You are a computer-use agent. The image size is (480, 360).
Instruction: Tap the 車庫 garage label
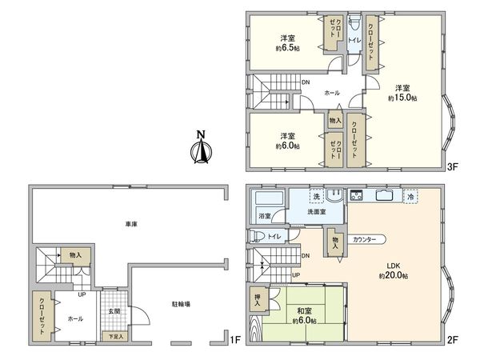click(131, 224)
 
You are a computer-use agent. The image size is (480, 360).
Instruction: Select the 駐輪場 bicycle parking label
click(181, 304)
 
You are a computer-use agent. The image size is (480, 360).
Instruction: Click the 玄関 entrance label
click(114, 311)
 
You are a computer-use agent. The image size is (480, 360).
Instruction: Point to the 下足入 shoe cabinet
click(116, 336)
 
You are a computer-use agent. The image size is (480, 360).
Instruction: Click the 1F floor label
click(235, 339)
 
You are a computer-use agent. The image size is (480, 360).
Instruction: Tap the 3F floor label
click(453, 167)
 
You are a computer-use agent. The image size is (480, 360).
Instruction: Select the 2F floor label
click(453, 339)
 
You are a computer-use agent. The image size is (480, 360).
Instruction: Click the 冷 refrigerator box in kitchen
click(410, 197)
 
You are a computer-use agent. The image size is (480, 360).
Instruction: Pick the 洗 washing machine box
click(317, 196)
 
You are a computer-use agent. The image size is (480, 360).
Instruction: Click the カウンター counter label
click(364, 239)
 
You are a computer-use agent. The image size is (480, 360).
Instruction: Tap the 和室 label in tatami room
click(304, 311)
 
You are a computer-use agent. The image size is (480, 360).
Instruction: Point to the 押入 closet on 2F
click(258, 299)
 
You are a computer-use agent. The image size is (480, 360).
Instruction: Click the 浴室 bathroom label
click(265, 215)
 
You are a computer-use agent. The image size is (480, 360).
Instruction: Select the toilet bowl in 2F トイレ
click(257, 236)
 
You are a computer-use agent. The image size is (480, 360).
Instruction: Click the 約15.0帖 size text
click(402, 98)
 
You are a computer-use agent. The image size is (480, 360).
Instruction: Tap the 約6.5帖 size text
click(287, 48)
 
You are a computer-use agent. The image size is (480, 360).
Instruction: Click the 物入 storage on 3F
click(335, 120)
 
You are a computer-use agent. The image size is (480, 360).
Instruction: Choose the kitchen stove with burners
click(356, 195)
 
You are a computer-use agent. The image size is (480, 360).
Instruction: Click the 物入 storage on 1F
click(75, 255)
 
